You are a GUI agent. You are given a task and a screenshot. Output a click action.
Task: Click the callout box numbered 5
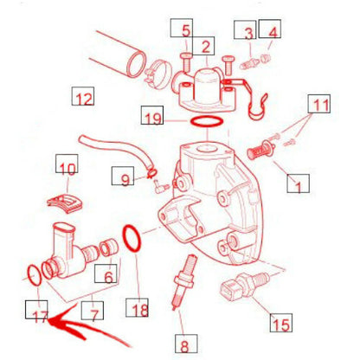coord(182,28)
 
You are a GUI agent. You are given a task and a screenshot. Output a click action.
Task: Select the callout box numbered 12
coord(83,96)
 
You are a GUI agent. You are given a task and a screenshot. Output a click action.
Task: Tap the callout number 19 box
coord(152,115)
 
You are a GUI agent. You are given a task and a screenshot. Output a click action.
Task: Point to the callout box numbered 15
coord(281,323)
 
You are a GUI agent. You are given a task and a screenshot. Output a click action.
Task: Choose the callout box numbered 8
coord(186,344)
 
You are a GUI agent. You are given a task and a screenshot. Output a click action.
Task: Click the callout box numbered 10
coord(67,164)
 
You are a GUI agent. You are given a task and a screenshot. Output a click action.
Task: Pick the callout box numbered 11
coord(319,104)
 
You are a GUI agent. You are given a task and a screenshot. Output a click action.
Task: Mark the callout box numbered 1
coord(299,183)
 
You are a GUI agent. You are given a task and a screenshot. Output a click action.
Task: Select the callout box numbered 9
coord(123,176)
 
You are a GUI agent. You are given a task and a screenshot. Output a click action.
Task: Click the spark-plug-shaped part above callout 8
coord(183,282)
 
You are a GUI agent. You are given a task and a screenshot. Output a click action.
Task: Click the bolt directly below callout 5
coord(185,61)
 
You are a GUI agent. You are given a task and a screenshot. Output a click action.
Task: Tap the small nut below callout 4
coord(266,59)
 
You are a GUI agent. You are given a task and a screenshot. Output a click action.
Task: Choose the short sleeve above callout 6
coord(109,247)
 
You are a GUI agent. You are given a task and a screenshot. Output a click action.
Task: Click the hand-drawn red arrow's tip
coord(48,320)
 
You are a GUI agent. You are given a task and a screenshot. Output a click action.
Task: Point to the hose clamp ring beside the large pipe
coord(159,75)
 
